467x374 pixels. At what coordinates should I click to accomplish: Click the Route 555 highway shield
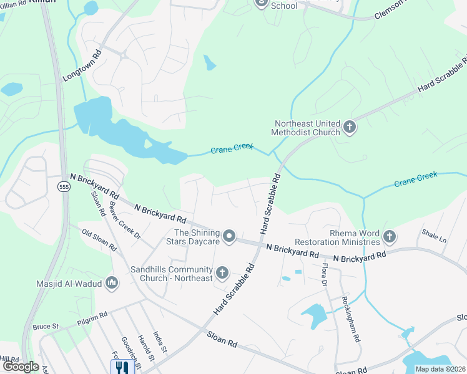64,186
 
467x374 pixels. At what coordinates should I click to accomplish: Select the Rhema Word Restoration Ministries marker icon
390,237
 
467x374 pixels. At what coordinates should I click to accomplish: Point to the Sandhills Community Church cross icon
222,273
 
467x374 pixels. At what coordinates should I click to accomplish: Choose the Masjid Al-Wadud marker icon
112,284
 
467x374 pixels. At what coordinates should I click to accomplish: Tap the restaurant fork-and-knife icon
120,367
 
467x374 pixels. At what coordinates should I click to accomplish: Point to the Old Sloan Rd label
99,239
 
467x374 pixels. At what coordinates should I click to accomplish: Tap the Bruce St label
46,326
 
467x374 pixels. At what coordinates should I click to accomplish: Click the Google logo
21,367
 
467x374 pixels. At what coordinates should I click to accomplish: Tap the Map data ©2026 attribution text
440,369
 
